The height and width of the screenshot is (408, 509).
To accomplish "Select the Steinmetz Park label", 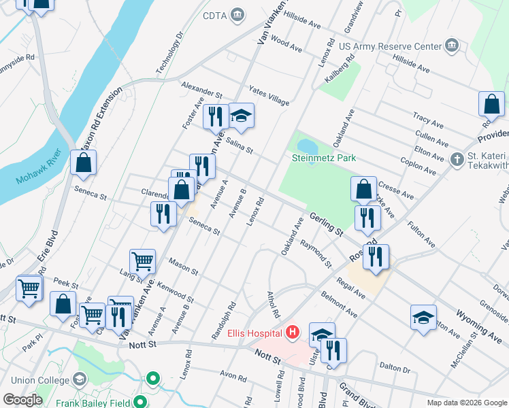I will [x=323, y=158].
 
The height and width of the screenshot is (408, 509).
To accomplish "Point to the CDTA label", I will [x=215, y=15].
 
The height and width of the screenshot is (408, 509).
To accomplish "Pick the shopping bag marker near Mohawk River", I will [x=83, y=163].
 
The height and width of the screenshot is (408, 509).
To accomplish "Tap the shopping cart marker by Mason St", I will [x=143, y=261].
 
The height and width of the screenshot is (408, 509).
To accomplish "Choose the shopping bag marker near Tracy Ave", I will [x=491, y=105].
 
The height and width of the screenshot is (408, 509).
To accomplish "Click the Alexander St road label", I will [x=201, y=88].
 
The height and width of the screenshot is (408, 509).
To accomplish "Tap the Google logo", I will [x=22, y=400].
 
